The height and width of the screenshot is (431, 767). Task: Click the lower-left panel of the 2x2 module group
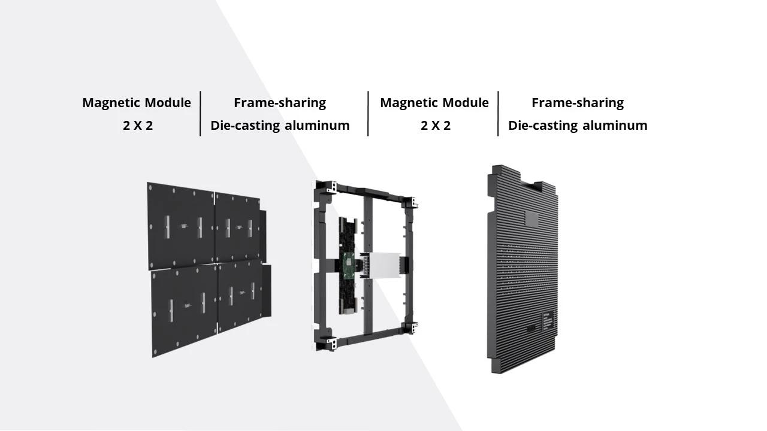[x=185, y=309]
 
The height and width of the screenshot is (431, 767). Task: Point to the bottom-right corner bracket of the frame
[x=410, y=329]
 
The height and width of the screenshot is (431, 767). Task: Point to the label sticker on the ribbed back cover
[x=548, y=321]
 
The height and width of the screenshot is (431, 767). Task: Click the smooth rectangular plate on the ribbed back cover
[x=532, y=218]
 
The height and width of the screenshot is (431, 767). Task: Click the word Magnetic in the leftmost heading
[x=111, y=102]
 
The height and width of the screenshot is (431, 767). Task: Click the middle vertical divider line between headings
[x=368, y=114]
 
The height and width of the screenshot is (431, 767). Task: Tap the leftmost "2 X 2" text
[x=138, y=126]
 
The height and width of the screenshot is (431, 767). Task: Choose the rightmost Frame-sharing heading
[x=578, y=102]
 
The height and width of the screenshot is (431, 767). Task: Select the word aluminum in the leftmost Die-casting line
[x=317, y=126]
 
